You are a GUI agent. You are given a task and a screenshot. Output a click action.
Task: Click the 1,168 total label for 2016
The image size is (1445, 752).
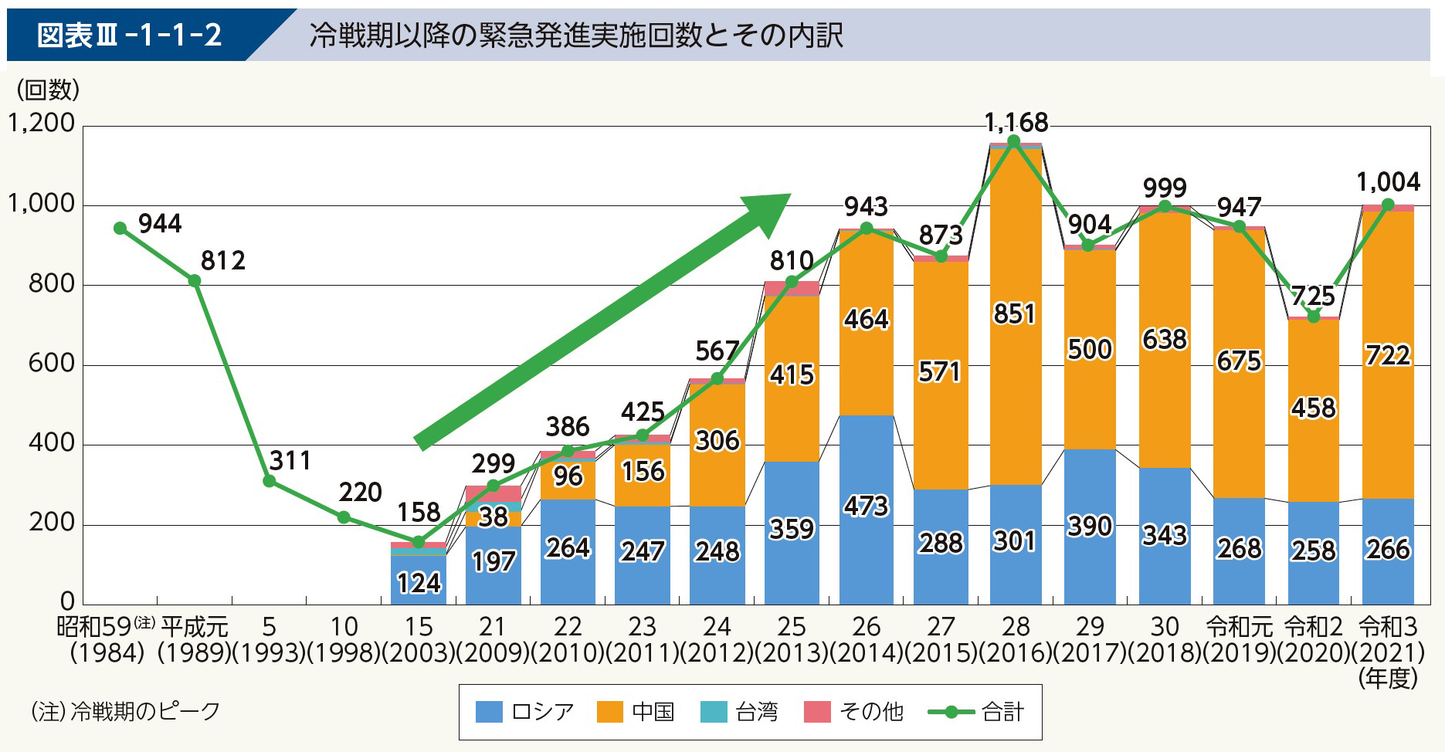tap(1016, 122)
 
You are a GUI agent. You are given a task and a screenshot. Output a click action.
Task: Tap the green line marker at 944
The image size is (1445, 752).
tap(120, 228)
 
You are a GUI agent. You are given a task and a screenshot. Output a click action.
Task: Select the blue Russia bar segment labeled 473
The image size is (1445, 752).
tap(866, 506)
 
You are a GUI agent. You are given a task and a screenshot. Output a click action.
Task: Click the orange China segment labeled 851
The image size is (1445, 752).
tap(1015, 313)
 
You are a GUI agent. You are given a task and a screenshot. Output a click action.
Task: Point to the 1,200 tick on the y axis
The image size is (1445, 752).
tap(42, 124)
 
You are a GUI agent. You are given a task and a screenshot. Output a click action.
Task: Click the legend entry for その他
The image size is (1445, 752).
tap(853, 711)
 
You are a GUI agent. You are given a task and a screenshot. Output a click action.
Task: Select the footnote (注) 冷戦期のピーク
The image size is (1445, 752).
tap(126, 710)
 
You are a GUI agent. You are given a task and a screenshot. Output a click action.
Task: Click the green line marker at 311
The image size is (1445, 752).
tap(270, 481)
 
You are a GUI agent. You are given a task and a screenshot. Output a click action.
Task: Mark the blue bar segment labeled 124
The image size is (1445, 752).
tap(418, 581)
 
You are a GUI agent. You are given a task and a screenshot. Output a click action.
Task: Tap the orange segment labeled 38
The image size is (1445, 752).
tap(493, 517)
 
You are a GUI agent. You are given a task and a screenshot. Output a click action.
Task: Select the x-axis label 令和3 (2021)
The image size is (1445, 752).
tap(1388, 640)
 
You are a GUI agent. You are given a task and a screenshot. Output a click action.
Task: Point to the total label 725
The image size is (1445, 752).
tap(1313, 296)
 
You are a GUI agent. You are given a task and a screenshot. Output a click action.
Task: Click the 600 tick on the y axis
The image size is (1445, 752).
tap(51, 364)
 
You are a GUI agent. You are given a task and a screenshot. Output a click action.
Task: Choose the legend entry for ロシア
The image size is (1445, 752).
tap(525, 711)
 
